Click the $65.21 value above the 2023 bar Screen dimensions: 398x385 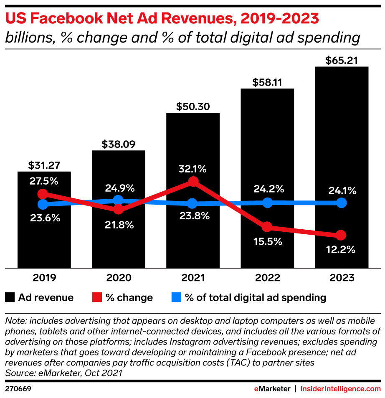[341, 60]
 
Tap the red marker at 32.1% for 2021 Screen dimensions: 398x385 [192, 181]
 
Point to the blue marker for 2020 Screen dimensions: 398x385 [118, 200]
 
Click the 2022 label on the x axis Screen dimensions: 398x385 [267, 278]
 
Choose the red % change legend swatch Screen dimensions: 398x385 [96, 298]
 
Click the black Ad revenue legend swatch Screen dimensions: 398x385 [10, 298]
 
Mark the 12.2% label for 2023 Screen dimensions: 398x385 [341, 250]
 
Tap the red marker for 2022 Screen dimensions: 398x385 [267, 227]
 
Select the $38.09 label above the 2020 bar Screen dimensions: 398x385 [118, 144]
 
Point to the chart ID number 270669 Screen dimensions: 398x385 [18, 388]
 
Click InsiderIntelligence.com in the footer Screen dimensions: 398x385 [340, 388]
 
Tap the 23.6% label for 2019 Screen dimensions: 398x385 [44, 218]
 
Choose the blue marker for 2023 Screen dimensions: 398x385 [341, 203]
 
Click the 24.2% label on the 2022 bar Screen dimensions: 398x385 [267, 189]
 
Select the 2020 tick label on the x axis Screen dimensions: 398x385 [118, 278]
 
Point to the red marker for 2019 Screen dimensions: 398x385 [42, 194]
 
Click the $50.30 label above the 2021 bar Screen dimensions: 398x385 [192, 106]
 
